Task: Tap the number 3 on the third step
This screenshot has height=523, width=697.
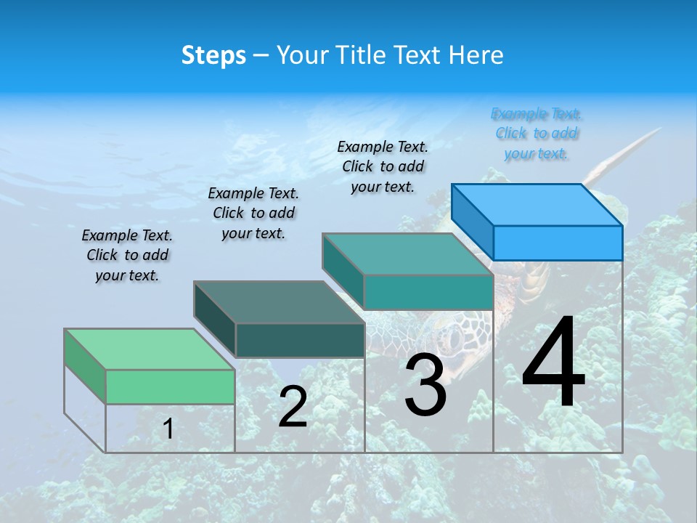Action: (x=425, y=386)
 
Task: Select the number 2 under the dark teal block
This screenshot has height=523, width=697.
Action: (x=293, y=407)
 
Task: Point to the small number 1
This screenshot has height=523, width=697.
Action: (x=168, y=429)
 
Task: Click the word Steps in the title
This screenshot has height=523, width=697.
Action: (x=213, y=55)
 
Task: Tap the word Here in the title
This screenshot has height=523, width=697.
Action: (x=476, y=55)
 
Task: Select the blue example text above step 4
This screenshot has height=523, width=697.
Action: (x=536, y=134)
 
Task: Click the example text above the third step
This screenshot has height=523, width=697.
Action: (x=383, y=166)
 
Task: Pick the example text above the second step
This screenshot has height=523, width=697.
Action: (x=253, y=213)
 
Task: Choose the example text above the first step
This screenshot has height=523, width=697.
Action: (x=127, y=255)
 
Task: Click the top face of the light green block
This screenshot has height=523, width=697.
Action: (x=149, y=349)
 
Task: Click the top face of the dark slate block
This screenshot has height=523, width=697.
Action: (x=279, y=301)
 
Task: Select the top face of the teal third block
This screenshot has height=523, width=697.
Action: (x=407, y=254)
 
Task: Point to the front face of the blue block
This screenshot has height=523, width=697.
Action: (x=558, y=243)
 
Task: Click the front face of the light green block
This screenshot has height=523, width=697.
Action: (x=170, y=386)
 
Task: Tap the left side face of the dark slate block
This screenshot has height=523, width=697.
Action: (x=215, y=319)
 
